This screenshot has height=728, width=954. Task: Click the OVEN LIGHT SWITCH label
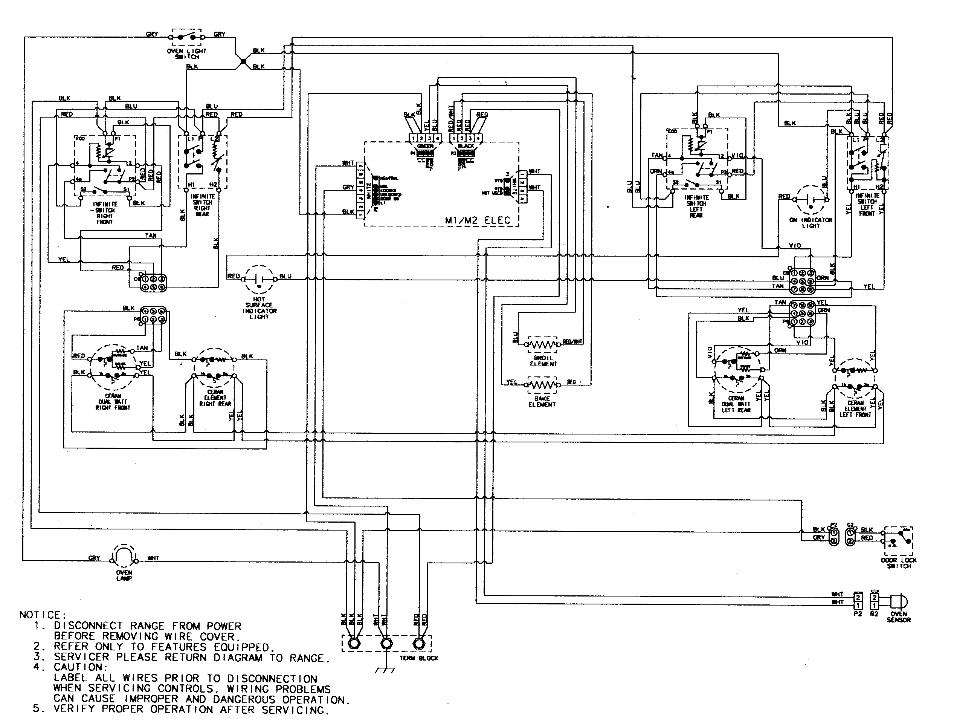(x=187, y=54)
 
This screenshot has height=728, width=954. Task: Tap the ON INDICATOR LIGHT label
(x=810, y=223)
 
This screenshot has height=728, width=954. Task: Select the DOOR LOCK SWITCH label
(x=899, y=563)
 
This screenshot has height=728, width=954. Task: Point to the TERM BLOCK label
(x=418, y=658)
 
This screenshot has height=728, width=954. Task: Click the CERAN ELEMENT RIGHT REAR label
(x=215, y=398)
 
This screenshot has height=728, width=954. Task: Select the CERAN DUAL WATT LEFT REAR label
(x=736, y=404)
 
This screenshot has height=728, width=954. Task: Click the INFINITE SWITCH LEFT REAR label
(x=696, y=206)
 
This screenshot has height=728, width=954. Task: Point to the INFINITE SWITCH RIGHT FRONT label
(x=104, y=213)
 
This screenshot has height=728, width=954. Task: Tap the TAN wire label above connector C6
(x=151, y=235)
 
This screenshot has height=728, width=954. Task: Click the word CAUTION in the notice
(x=81, y=667)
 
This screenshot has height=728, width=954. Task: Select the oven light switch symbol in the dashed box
(x=187, y=37)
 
